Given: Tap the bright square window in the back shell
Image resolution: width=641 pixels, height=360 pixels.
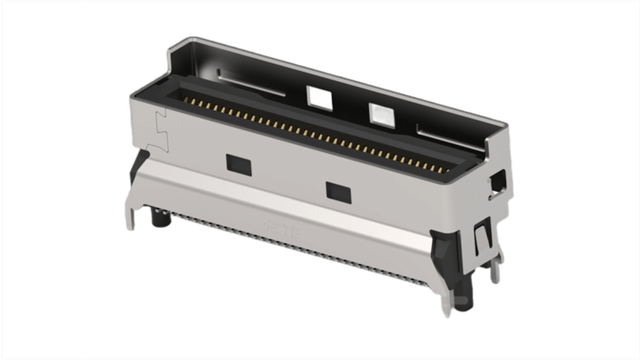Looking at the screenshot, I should tap(320, 98).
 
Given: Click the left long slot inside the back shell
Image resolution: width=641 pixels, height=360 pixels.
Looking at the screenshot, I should tap(251, 82).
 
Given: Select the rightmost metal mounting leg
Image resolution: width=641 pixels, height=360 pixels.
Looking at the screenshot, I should tap(497, 271).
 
